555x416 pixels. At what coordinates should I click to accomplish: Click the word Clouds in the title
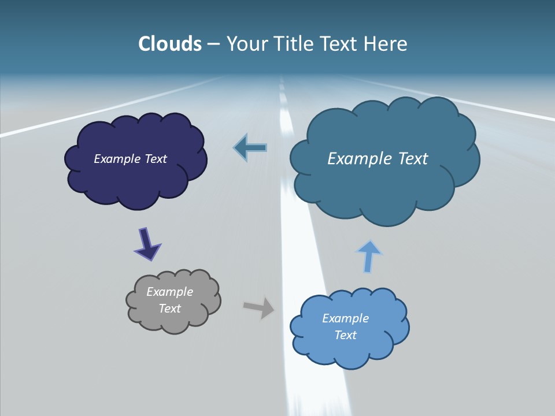(170, 44)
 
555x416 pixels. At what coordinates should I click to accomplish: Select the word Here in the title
(386, 44)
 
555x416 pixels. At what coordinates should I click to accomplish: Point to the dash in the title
(213, 44)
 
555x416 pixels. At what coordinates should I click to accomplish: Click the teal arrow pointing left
(250, 148)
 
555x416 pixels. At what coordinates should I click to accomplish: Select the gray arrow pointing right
(260, 307)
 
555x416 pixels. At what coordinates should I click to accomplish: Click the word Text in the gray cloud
(170, 309)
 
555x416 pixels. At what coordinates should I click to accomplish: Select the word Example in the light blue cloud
(345, 318)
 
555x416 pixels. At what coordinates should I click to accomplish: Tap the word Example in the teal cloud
(360, 159)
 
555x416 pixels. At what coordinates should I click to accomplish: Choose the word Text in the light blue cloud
(345, 335)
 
